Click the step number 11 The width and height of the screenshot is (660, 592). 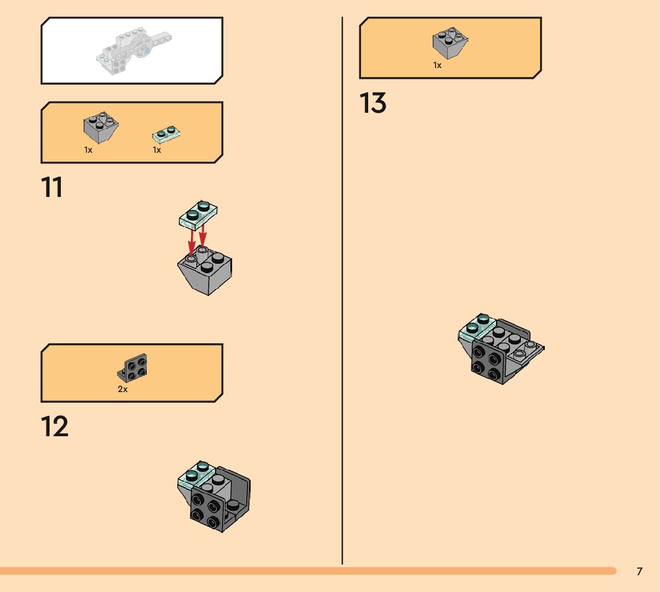click(52, 187)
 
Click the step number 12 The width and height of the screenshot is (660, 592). click(54, 427)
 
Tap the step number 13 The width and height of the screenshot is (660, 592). click(373, 103)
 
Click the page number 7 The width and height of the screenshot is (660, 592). click(639, 572)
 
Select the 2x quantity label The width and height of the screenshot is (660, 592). click(122, 389)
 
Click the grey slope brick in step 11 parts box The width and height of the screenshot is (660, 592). click(100, 127)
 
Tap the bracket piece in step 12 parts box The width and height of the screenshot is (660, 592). click(134, 367)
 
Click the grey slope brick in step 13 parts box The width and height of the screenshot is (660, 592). click(450, 44)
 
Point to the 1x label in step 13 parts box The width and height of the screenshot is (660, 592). click(437, 66)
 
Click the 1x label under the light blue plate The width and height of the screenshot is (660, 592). click(157, 150)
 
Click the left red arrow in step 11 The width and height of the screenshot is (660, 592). click(192, 242)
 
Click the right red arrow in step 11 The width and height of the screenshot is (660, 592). click(203, 236)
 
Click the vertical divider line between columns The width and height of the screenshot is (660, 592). click(342, 298)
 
